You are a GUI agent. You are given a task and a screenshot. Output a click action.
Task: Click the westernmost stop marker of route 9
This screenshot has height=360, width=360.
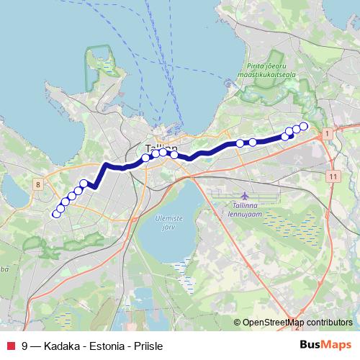[x=56, y=213]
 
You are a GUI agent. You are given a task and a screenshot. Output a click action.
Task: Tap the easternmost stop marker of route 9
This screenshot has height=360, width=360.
[x=303, y=127]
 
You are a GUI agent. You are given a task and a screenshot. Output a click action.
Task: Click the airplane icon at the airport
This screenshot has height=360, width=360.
[x=246, y=195]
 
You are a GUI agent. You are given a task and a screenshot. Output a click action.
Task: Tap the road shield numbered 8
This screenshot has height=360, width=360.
[x=36, y=184]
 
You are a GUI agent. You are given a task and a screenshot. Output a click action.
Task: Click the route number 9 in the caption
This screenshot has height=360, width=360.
[x=25, y=345]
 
